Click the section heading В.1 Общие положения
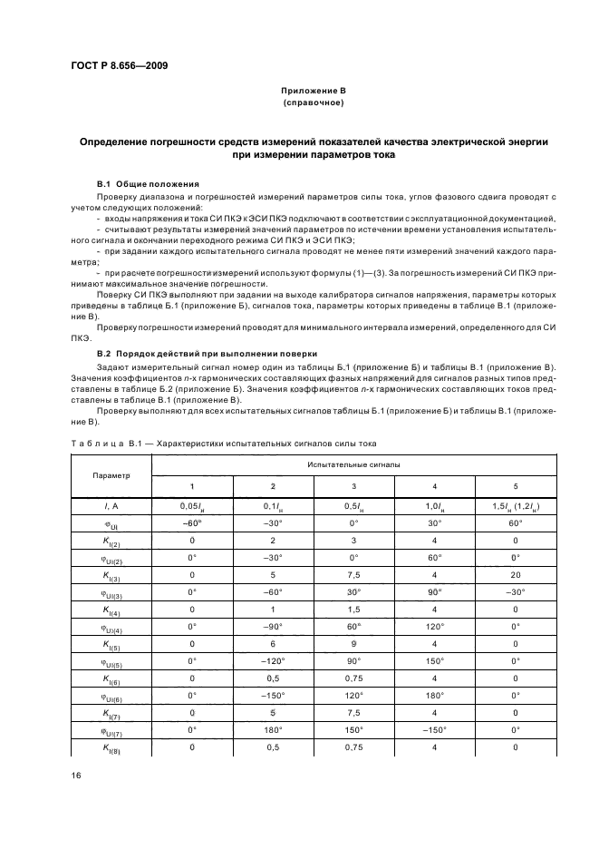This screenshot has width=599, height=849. click(x=148, y=182)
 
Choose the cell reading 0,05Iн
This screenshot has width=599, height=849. click(x=191, y=504)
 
